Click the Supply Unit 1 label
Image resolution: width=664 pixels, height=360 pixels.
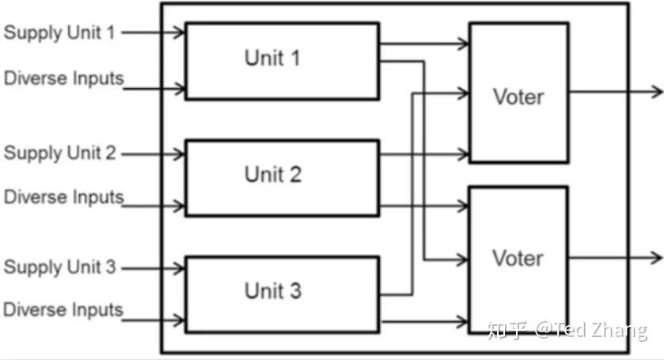[x=60, y=33]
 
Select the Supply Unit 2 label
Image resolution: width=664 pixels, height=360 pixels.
[x=60, y=153]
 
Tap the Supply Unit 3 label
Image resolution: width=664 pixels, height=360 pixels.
[x=60, y=267]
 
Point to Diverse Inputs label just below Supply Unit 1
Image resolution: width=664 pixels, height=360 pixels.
[x=64, y=78]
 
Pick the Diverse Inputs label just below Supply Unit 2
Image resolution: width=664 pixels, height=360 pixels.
[x=64, y=197]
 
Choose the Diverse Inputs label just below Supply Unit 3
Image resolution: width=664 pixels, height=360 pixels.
[x=64, y=309]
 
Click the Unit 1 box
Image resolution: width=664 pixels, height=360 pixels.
[x=282, y=61]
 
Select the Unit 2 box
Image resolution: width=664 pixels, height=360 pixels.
[x=282, y=177]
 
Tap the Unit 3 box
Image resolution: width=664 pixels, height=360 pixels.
[x=282, y=294]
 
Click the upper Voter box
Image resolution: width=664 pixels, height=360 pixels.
[x=518, y=93]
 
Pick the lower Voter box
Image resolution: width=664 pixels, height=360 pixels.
[x=518, y=259]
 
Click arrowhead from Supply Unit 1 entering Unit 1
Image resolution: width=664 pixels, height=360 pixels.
[x=180, y=33]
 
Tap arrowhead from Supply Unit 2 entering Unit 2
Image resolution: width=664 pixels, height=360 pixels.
[x=180, y=153]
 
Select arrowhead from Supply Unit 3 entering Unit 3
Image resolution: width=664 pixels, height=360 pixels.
[x=180, y=268]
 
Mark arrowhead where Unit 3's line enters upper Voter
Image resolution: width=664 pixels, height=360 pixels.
[x=464, y=94]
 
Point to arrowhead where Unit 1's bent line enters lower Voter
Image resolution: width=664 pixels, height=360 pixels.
[x=464, y=259]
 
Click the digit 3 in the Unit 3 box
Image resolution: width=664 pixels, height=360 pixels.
[x=294, y=290]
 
